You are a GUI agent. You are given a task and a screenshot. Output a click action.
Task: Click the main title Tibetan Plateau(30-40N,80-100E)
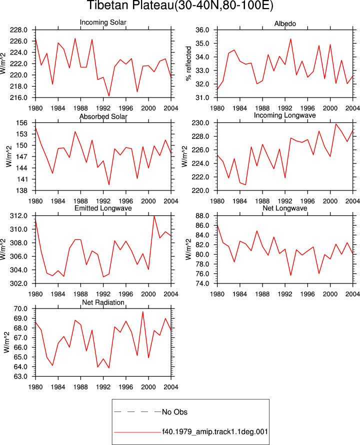[x=180, y=5]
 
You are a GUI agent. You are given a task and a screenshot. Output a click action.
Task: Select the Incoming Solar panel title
[x=103, y=22]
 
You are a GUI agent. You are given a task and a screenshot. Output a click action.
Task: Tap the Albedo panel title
[x=285, y=24]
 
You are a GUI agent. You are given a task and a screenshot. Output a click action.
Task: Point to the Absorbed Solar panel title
[x=103, y=116]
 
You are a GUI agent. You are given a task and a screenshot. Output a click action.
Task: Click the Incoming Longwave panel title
[x=285, y=115]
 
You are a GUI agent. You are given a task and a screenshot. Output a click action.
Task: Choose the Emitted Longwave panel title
[x=103, y=208]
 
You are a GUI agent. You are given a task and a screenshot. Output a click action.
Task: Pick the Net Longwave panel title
[x=285, y=208]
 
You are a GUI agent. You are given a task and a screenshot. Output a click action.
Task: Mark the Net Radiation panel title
[x=103, y=302]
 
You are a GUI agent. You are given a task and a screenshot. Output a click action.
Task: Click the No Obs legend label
[x=174, y=412]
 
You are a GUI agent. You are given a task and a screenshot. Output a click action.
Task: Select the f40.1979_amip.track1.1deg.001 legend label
[x=215, y=432]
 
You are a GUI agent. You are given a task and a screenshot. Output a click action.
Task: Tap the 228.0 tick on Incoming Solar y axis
[x=18, y=30]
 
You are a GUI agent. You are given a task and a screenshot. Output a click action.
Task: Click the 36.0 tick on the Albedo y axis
[x=202, y=30]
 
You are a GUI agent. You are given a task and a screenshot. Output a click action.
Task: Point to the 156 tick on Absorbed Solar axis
[x=22, y=123]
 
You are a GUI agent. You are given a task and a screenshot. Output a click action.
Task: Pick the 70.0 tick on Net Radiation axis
[x=20, y=309]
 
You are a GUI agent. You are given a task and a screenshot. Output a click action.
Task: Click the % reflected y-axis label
[x=188, y=63]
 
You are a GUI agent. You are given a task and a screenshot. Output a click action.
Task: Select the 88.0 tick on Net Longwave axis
[x=202, y=216]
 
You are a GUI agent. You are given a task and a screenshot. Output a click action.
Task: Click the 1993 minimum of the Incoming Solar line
[x=109, y=96]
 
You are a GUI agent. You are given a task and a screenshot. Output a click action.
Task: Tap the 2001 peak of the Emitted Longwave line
[x=154, y=216]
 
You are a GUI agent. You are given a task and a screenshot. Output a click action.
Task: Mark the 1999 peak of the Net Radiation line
[x=143, y=311]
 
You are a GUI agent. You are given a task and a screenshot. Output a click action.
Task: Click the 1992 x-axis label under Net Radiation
[x=103, y=387]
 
